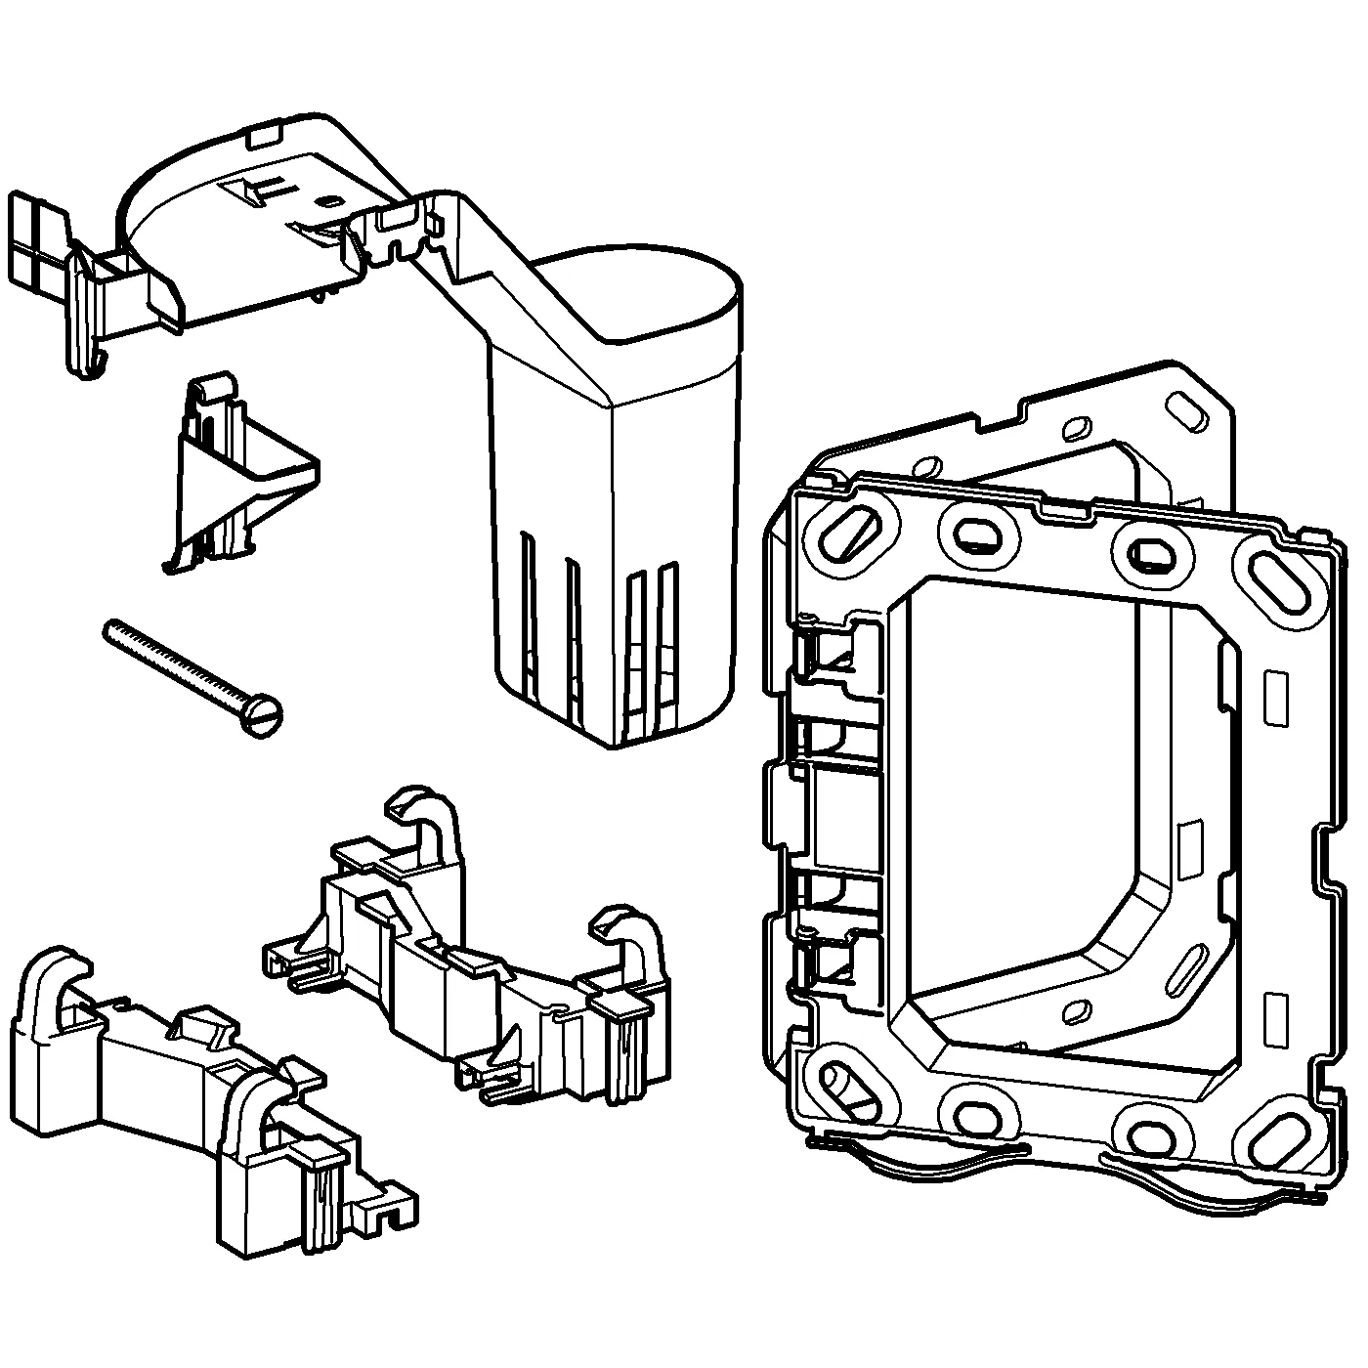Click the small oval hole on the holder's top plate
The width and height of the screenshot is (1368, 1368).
(324, 202)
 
